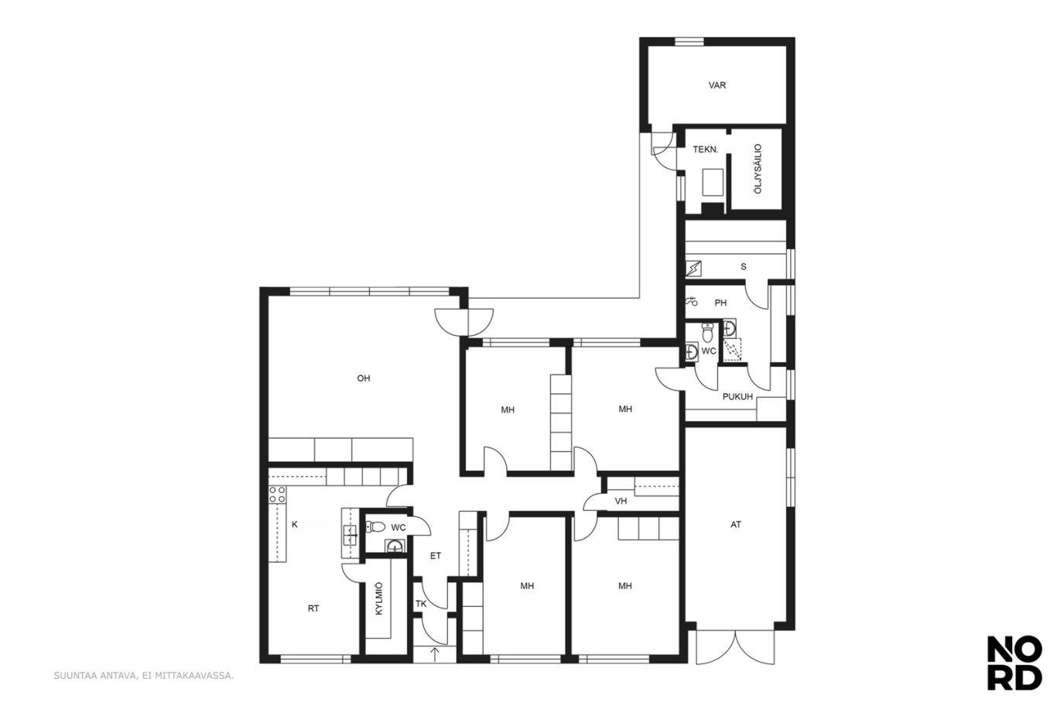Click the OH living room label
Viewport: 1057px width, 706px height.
(x=364, y=378)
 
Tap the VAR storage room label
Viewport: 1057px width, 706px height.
(x=717, y=85)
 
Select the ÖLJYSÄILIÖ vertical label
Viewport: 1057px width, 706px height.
(x=758, y=169)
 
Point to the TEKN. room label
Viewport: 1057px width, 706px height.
(x=705, y=149)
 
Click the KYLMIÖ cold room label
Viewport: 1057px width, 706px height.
(x=379, y=598)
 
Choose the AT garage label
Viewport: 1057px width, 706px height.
(x=736, y=524)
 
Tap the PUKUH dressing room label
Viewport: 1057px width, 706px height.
(x=737, y=397)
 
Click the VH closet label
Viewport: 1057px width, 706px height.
(x=621, y=501)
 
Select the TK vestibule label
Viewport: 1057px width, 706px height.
(x=421, y=604)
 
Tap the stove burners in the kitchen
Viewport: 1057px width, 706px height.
(x=277, y=495)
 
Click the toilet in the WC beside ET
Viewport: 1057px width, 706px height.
(x=375, y=526)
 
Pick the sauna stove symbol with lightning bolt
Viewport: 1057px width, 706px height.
(x=693, y=269)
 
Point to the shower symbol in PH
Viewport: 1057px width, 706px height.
(x=691, y=300)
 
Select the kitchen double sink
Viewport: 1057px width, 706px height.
(x=349, y=535)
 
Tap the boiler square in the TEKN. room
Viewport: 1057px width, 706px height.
(x=713, y=182)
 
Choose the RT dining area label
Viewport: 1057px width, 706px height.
(x=313, y=608)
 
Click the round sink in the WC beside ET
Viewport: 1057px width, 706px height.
(x=395, y=547)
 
